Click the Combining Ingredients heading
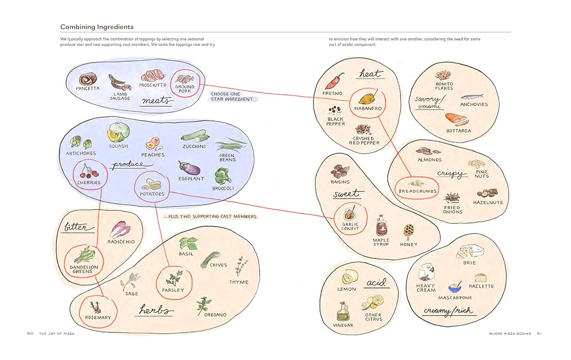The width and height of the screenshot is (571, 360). click(97, 27)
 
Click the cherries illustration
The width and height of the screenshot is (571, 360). click(89, 172)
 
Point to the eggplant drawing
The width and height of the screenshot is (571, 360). click(189, 168)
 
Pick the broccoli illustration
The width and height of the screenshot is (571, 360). click(223, 176)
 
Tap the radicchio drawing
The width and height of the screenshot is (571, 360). click(121, 230)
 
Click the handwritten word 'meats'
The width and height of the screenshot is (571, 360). click(156, 100)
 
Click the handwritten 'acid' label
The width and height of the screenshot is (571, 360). click(376, 282)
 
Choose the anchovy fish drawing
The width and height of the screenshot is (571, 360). click(472, 97)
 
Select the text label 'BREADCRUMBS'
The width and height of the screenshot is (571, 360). click(418, 191)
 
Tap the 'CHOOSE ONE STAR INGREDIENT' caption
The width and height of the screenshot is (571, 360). click(232, 97)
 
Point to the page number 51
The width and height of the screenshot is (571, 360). click(539, 334)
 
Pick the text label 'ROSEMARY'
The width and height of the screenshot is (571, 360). click(98, 317)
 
